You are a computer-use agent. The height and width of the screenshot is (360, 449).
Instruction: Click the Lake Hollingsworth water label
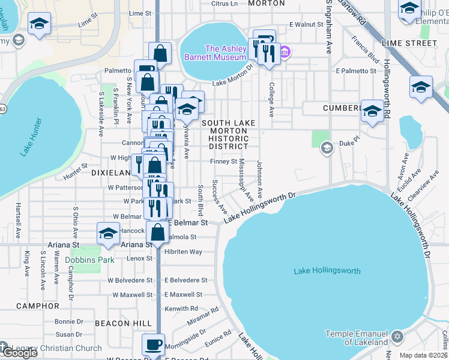point(327,271)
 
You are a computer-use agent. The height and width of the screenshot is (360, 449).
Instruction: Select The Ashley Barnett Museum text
point(226,53)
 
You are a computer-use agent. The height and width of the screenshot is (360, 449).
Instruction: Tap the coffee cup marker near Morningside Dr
point(152,345)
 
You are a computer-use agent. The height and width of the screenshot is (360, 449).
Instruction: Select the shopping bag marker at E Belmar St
point(157,232)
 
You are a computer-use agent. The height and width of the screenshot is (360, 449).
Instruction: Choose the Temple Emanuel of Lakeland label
point(357,338)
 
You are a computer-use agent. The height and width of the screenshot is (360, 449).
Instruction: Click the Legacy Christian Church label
point(55,348)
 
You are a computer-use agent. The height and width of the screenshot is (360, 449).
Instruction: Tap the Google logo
point(19,353)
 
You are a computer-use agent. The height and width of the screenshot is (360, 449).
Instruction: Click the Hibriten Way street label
point(183,252)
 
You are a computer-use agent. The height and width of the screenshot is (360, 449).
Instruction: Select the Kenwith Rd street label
point(181,308)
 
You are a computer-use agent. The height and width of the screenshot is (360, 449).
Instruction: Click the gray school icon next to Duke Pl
point(327,147)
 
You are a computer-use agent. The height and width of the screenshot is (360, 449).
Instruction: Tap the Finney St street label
point(223,161)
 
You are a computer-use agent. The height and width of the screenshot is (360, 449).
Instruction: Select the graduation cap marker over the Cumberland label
point(372,111)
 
